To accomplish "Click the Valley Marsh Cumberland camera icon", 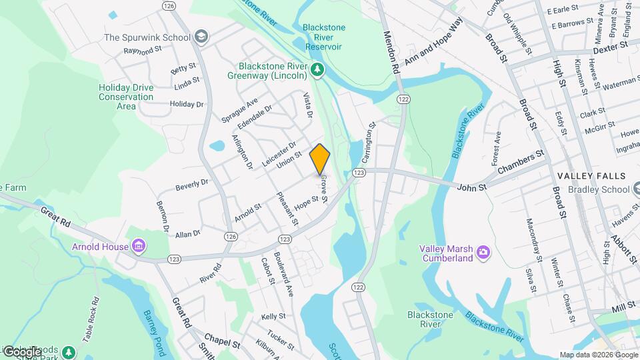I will click(483, 253).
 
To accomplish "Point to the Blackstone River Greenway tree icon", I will click(318, 69).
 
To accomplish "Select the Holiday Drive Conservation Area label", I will click(126, 97).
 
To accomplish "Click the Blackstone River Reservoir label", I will click(323, 37).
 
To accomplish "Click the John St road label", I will click(473, 189).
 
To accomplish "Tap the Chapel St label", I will click(222, 343).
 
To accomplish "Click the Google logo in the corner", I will click(21, 351).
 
